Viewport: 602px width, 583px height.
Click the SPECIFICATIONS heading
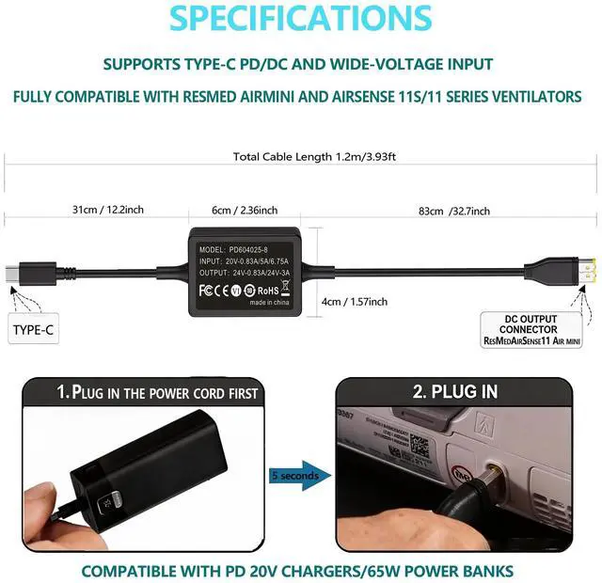click(301, 20)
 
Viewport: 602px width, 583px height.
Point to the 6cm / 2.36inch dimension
click(245, 211)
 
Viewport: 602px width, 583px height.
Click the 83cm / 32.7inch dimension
click(454, 211)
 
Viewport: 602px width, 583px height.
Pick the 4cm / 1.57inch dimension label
click(354, 301)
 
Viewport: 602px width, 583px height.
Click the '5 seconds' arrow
click(299, 476)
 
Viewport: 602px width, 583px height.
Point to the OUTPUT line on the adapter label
click(245, 270)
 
